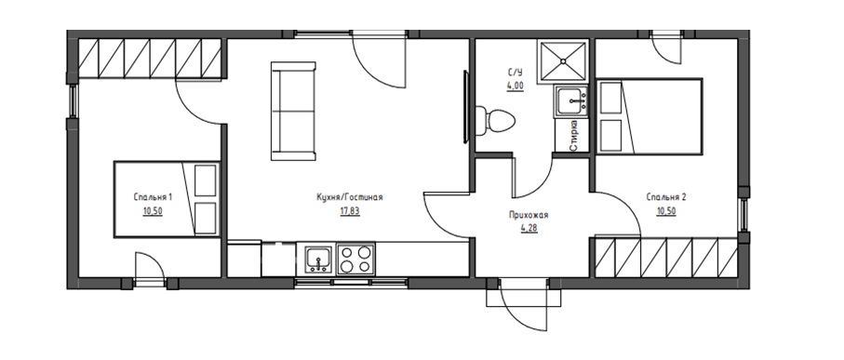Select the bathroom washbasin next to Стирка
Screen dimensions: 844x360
pos(572,101)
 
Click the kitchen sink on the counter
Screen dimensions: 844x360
pos(318,260)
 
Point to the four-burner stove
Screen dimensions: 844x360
pos(355,259)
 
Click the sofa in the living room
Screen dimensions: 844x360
pos(293,111)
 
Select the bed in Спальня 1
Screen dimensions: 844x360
pos(167,199)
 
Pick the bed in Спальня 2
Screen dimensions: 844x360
pos(650,116)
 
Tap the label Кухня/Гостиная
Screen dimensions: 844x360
pos(350,197)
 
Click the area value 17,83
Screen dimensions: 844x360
pos(350,211)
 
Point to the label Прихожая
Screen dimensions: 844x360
pos(529,215)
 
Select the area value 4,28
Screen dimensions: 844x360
pos(529,228)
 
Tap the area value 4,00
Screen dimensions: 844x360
pos(515,85)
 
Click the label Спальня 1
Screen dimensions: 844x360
pos(153,197)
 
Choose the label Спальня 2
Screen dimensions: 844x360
pos(666,197)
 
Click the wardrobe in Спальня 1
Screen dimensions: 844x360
pos(150,59)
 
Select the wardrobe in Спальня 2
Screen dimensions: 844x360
pos(666,258)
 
